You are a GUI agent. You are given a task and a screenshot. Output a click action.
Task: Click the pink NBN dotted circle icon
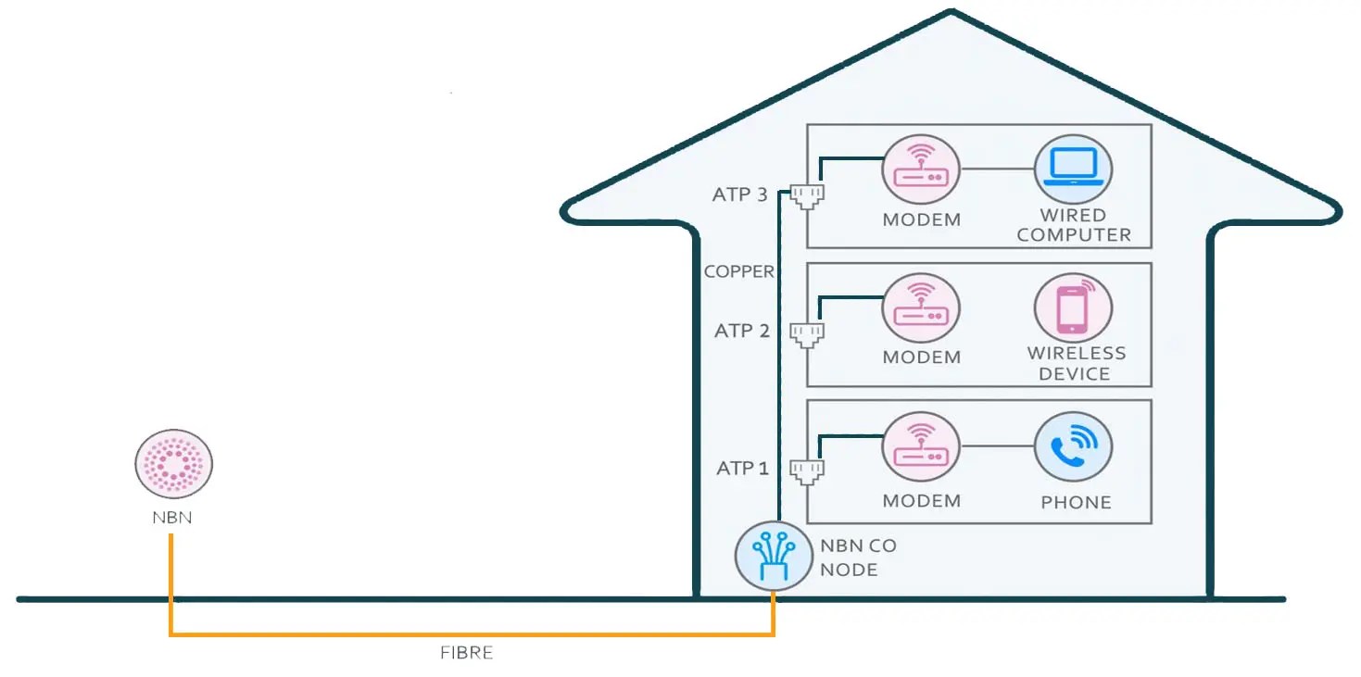(174, 462)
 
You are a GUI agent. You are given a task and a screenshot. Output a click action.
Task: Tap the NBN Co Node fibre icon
(774, 556)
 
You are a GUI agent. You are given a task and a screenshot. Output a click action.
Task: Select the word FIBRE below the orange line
(466, 653)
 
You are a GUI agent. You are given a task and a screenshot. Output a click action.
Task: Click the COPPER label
(738, 271)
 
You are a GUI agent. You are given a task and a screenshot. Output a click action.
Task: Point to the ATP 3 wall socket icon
(807, 195)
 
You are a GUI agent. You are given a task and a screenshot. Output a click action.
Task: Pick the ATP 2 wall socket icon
(807, 332)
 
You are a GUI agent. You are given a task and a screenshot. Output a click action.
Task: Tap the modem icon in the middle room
(921, 308)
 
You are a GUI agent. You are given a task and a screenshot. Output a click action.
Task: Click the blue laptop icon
(1073, 171)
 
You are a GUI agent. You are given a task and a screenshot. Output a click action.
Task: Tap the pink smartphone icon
(1073, 308)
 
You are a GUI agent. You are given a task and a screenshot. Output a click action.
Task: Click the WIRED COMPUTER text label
(1074, 225)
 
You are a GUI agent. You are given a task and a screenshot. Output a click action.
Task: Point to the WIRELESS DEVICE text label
(1076, 363)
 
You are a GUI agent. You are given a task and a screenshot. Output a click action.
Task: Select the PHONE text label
(1076, 502)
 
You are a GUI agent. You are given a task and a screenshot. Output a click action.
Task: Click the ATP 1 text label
(742, 469)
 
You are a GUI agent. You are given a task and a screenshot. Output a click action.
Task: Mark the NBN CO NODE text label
(858, 558)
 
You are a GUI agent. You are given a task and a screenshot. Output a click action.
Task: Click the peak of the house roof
(951, 13)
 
